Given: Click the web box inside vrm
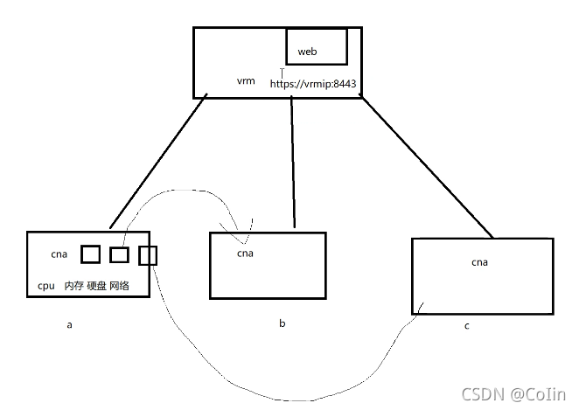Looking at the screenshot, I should [x=316, y=47].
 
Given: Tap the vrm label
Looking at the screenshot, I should [x=246, y=80].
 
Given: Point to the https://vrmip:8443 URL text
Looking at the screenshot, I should [x=312, y=84].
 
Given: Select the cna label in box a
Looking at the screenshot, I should [x=59, y=254].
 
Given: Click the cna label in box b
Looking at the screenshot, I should [x=245, y=253].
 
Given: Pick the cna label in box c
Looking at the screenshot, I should [x=479, y=261].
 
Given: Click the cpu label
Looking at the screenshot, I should [x=45, y=286].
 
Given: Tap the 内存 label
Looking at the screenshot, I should [x=73, y=286].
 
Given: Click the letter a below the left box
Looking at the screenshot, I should [x=69, y=324].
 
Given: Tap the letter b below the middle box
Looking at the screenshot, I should [x=282, y=323].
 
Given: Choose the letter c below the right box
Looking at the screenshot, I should [x=467, y=325].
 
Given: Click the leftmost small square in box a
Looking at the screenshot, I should [x=90, y=254].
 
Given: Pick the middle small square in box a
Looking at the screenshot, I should [x=120, y=254].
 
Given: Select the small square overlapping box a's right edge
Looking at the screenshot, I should [x=148, y=255].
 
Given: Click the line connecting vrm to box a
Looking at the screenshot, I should [x=158, y=162].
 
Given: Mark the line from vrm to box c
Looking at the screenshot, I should [x=426, y=166].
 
